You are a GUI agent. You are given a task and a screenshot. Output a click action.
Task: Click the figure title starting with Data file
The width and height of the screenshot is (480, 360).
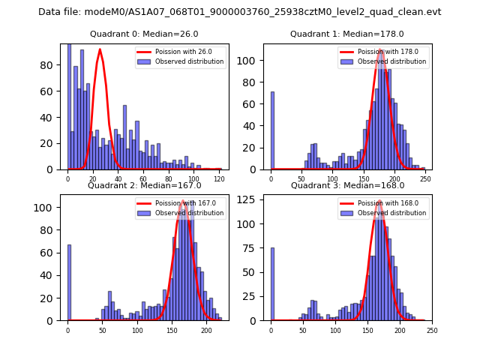(240, 12)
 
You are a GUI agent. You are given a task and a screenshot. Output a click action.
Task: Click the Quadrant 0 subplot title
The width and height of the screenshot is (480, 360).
(144, 34)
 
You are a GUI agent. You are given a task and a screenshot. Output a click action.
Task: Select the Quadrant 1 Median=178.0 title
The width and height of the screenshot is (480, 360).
(347, 34)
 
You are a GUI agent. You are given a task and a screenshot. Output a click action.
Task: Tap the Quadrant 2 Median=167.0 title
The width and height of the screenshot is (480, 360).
(144, 185)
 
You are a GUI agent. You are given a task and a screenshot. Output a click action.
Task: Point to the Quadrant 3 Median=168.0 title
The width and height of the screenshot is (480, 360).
(347, 185)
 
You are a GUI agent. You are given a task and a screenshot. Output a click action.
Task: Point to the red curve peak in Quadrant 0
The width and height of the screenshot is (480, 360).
(100, 49)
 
